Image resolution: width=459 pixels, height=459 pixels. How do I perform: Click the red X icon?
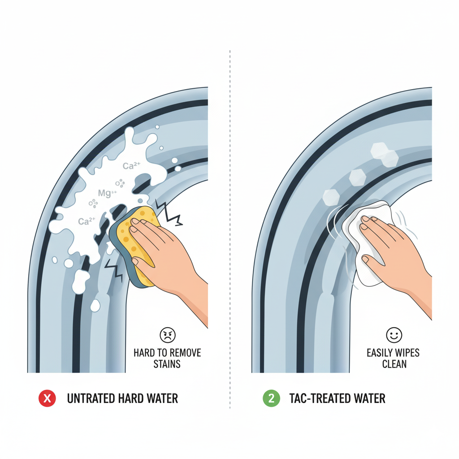[47, 398]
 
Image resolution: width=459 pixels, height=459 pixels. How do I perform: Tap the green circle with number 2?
[271, 398]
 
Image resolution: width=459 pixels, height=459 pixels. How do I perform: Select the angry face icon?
[168, 335]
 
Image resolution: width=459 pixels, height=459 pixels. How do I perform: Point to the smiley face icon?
[394, 335]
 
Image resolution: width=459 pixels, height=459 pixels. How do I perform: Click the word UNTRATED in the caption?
[91, 398]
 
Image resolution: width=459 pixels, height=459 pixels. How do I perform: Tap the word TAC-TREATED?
[319, 398]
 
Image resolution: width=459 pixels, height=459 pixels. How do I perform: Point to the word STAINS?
[167, 364]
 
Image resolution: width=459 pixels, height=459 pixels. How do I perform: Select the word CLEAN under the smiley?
[394, 364]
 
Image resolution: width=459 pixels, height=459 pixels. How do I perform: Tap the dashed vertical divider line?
[230, 229]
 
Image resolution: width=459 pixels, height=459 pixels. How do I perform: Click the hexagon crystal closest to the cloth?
[331, 197]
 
